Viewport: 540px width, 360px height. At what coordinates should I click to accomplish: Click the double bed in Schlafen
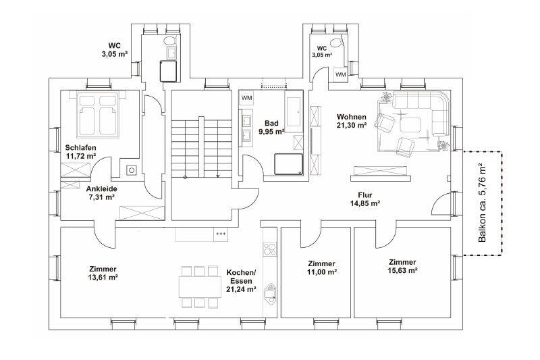click(98, 114)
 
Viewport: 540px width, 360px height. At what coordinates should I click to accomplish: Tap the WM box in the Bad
click(246, 98)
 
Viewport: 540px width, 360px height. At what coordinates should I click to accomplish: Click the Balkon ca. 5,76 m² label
click(483, 203)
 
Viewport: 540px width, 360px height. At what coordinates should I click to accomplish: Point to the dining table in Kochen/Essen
click(200, 286)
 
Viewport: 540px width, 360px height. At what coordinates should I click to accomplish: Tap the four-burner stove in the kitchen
click(269, 249)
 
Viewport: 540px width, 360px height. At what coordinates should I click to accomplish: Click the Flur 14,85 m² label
click(365, 199)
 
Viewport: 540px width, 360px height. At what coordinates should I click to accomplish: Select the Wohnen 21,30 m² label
click(351, 121)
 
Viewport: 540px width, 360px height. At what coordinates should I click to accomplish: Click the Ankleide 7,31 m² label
click(102, 193)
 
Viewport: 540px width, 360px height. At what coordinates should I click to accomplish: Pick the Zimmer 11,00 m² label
click(322, 267)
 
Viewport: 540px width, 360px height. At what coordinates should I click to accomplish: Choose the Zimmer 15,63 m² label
click(402, 266)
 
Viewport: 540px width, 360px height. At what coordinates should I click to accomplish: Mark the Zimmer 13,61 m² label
click(103, 273)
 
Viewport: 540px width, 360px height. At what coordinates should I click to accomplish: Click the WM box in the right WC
click(341, 75)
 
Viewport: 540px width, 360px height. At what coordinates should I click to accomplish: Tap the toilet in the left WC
click(169, 41)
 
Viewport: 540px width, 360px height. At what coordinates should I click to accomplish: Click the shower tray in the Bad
click(289, 164)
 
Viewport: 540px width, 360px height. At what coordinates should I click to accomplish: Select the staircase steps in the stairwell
click(201, 148)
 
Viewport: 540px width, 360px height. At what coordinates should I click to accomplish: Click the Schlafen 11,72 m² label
click(80, 151)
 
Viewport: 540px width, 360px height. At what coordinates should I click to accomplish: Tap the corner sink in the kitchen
click(269, 294)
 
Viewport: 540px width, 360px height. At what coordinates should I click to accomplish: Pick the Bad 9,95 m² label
click(271, 127)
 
